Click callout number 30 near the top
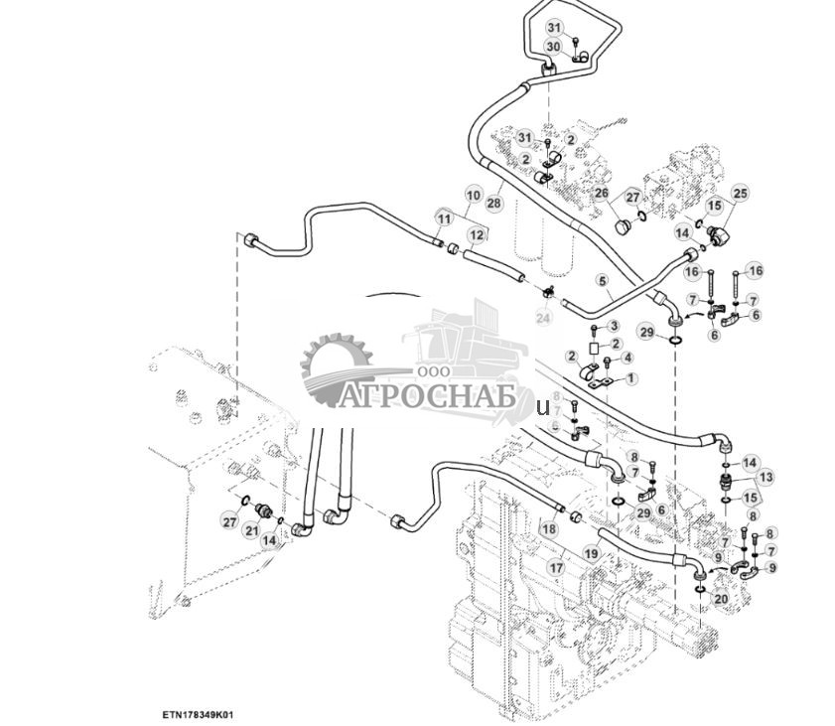coord(553,47)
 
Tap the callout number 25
coord(740,192)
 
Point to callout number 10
coord(473,196)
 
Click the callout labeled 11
coord(443,218)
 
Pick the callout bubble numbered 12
coord(477,235)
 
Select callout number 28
coord(494,203)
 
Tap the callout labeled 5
coord(601,281)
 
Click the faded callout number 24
coord(542,318)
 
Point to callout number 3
coord(614,326)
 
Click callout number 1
coord(632,378)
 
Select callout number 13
coord(765,478)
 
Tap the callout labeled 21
coord(251,531)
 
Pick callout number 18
coord(548,530)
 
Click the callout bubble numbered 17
coord(556,568)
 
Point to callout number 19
coord(591,552)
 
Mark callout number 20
coord(721,599)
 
